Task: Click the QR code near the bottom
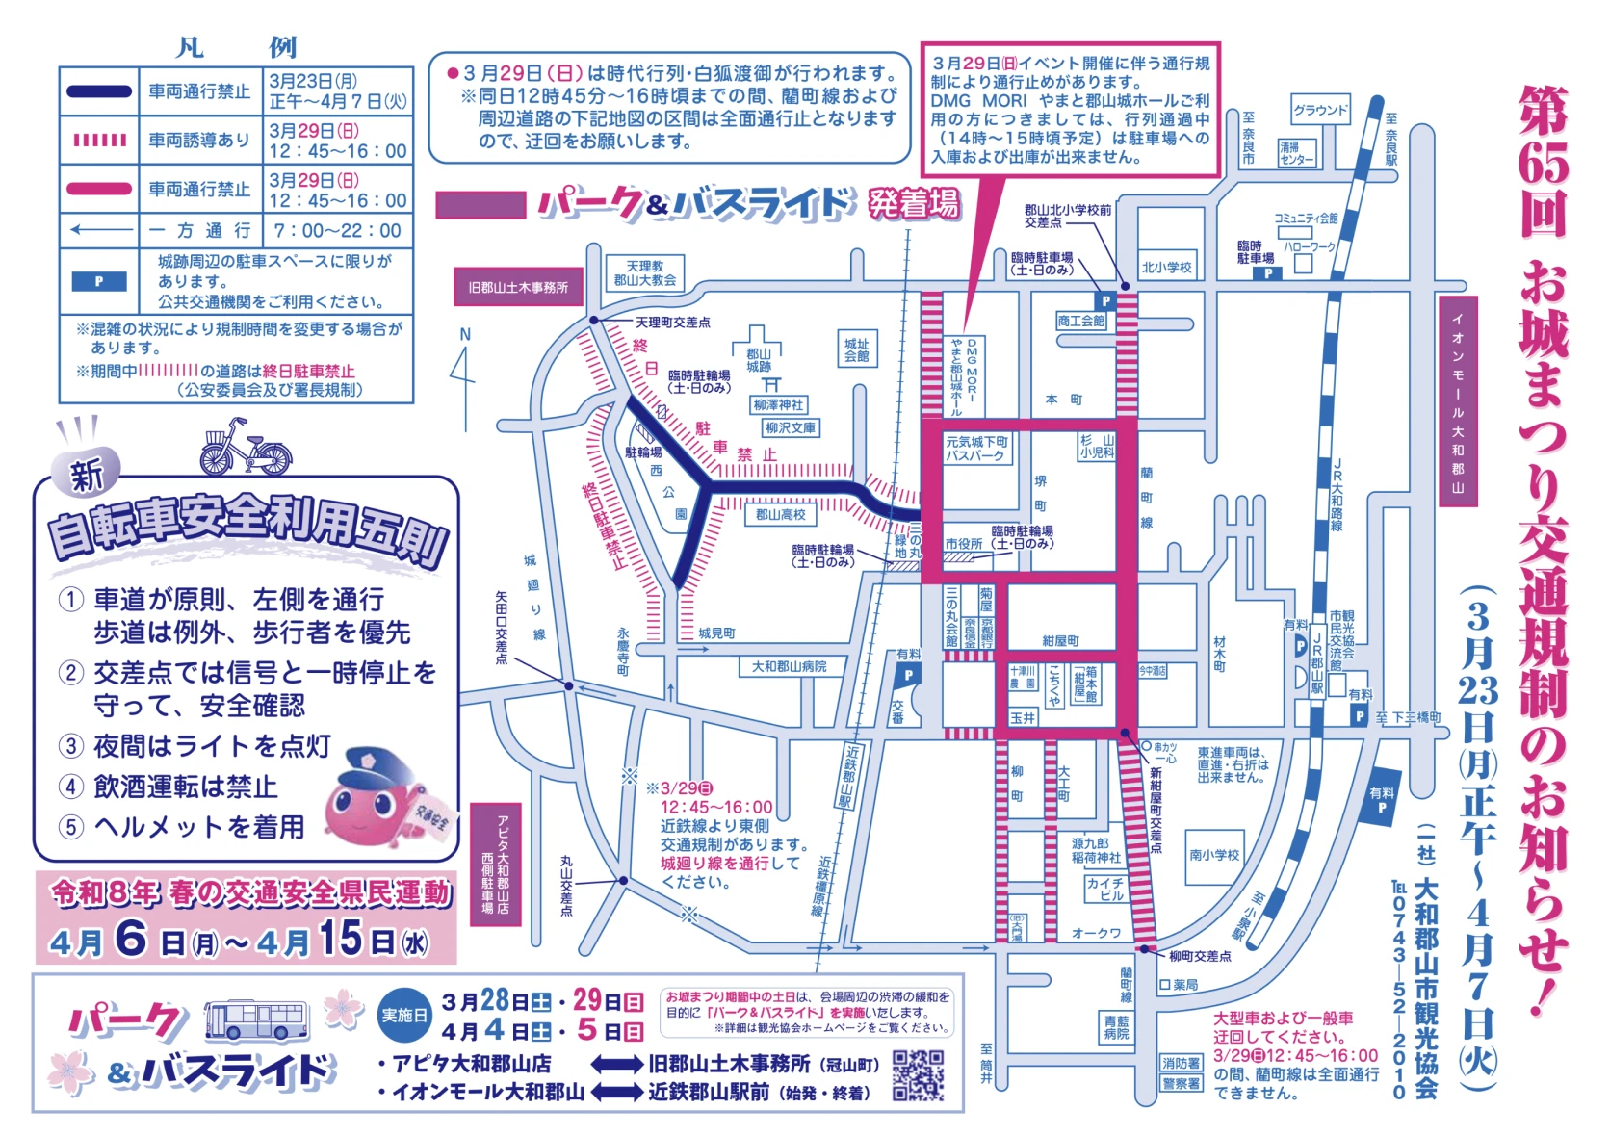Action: point(918,1073)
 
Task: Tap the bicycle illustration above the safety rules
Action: point(245,448)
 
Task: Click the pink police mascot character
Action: point(377,801)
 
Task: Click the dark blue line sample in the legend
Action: point(99,92)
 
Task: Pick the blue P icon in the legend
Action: point(99,281)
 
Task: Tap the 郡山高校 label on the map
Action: point(780,515)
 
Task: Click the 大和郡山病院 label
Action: point(789,666)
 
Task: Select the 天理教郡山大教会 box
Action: point(645,273)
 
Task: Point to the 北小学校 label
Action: point(1166,267)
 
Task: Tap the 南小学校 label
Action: point(1214,854)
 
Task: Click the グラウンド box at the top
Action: point(1320,110)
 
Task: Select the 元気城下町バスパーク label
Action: point(976,449)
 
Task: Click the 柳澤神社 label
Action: point(778,405)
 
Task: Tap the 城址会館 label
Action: point(856,349)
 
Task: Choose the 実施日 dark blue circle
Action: point(404,1015)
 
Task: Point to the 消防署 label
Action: point(1181,1063)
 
